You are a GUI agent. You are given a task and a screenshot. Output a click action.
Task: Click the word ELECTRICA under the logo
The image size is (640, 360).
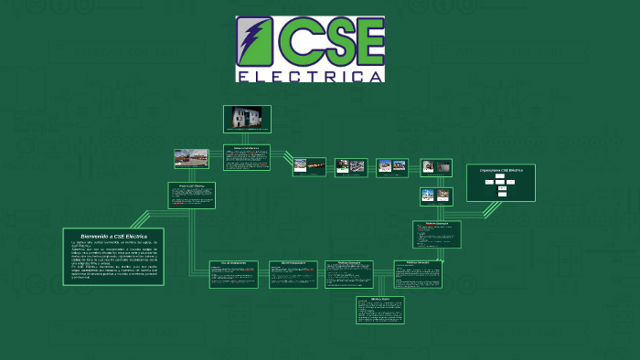pos(310,76)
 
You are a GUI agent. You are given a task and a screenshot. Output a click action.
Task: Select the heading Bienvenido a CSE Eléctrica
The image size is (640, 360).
pos(113,236)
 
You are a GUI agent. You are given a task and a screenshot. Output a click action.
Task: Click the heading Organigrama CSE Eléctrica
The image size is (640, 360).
pos(500,170)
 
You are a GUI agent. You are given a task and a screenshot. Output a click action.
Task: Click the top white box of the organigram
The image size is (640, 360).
pos(501,175)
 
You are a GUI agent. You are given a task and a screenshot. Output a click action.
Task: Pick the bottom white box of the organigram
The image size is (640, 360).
pos(501,194)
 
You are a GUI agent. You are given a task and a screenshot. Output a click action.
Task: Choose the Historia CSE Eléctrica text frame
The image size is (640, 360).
pos(192,196)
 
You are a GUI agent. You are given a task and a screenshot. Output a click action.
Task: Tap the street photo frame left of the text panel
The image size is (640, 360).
pos(192,158)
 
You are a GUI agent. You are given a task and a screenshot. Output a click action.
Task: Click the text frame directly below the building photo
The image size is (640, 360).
pos(247,157)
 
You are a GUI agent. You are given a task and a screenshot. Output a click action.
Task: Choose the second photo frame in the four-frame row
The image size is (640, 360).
pos(351,166)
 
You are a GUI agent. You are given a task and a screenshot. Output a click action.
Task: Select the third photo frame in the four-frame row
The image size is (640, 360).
pos(392,166)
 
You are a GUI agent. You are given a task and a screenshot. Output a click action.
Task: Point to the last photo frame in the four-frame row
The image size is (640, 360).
pos(436,166)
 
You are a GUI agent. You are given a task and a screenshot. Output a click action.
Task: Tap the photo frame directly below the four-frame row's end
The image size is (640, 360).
pos(436,196)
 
